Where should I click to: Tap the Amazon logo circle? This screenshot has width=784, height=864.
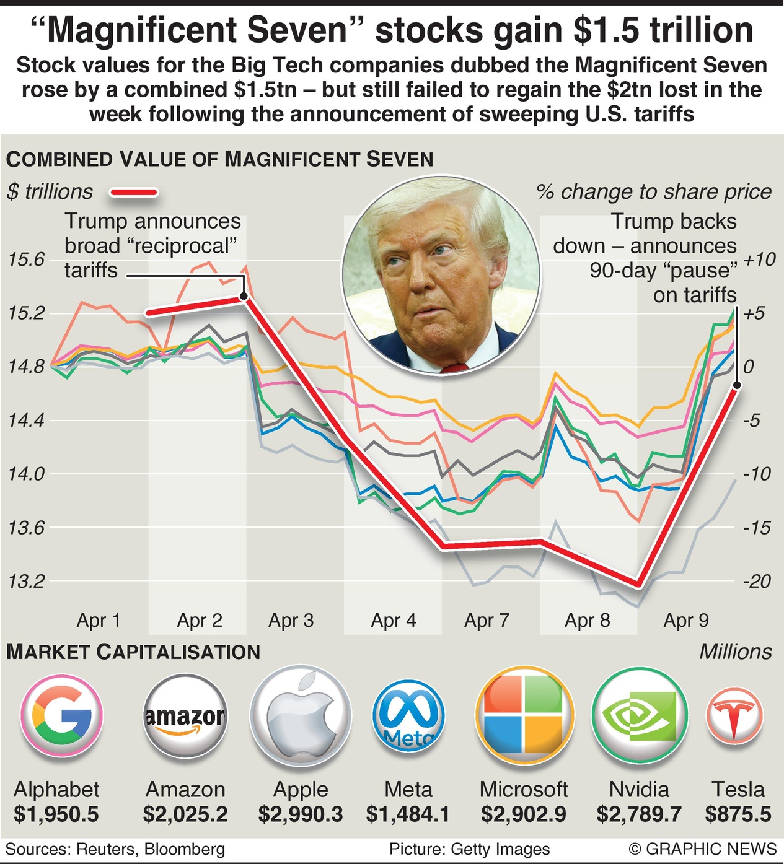point(185,717)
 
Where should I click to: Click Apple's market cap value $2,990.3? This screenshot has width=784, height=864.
point(301,814)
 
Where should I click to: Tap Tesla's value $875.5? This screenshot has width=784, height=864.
point(738,814)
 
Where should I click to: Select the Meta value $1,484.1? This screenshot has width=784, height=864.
point(408,814)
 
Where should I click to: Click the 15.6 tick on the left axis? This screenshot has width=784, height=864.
point(27,259)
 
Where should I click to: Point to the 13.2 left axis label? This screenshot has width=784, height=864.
point(27,582)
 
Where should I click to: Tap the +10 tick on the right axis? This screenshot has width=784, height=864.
point(759,259)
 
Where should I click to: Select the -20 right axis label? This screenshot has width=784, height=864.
point(757,582)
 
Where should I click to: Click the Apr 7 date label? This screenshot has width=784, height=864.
point(487,620)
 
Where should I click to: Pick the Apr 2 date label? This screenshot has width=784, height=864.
point(200,620)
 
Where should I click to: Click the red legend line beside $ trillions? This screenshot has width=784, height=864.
point(134,193)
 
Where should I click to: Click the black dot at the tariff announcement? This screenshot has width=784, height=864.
point(244,297)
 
